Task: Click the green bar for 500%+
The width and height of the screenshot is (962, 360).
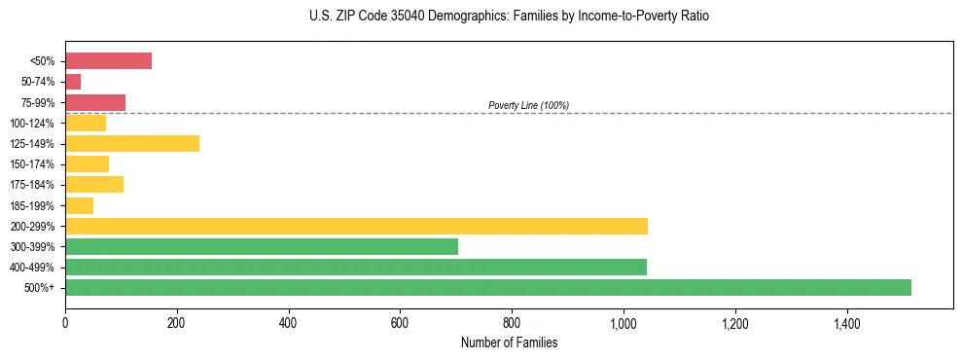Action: click(x=487, y=287)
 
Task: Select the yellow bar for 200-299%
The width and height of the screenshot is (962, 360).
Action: click(x=356, y=226)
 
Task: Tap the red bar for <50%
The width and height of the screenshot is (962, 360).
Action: click(x=108, y=61)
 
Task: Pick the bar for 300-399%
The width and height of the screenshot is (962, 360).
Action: click(x=261, y=246)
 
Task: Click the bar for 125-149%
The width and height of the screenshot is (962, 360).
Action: click(x=132, y=143)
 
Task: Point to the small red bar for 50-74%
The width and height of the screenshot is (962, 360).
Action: click(x=73, y=82)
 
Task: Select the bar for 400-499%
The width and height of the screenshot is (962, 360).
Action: click(x=355, y=267)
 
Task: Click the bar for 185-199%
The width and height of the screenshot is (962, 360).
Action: click(x=79, y=205)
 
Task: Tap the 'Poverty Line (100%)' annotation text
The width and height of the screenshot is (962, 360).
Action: click(x=528, y=105)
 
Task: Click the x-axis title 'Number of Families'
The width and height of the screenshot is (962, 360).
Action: click(x=509, y=342)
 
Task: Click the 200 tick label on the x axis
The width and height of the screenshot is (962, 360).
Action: click(x=176, y=324)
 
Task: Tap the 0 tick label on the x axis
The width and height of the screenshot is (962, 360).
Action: click(x=65, y=324)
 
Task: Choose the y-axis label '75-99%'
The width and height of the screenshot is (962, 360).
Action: click(x=37, y=102)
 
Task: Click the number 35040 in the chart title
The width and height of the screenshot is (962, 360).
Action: click(x=393, y=17)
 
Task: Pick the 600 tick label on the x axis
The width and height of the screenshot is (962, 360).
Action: click(x=400, y=324)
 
